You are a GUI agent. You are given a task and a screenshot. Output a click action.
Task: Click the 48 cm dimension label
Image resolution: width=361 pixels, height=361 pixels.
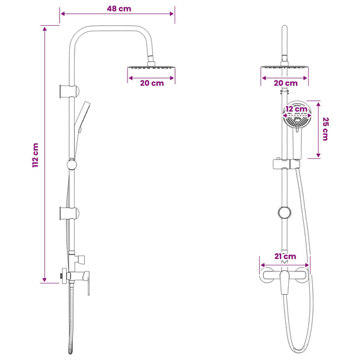click(119, 9)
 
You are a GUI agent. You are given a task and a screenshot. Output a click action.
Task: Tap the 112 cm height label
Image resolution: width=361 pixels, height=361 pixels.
click(35, 155)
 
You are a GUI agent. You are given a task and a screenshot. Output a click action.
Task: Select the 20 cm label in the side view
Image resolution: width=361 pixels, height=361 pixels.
click(152, 83)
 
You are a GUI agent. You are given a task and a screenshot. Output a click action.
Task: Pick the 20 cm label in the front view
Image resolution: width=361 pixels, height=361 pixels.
click(286, 83)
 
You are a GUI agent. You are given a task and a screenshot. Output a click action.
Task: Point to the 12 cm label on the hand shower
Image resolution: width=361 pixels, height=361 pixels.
click(297, 109)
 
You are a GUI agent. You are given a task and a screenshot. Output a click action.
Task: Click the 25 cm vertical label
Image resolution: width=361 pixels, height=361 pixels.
click(325, 129)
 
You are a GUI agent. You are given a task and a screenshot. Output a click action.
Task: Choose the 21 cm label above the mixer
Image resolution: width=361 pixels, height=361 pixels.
click(285, 256)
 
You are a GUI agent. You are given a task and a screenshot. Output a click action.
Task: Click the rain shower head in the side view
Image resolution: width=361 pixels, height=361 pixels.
click(151, 67)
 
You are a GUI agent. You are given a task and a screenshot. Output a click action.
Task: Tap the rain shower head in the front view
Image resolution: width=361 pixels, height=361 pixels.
click(285, 67)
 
